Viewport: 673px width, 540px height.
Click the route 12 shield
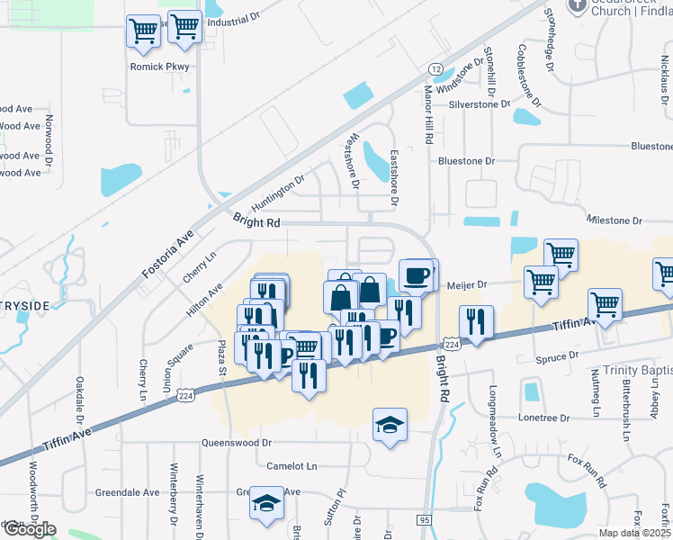(x=435, y=69)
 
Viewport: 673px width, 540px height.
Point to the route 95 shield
(x=424, y=520)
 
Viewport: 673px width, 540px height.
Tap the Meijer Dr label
(x=467, y=285)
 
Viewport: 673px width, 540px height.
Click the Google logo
(x=29, y=529)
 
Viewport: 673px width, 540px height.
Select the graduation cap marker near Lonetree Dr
(x=390, y=426)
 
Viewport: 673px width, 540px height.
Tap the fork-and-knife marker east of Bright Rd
(x=475, y=321)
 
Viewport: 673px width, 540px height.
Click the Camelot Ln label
(x=292, y=466)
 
